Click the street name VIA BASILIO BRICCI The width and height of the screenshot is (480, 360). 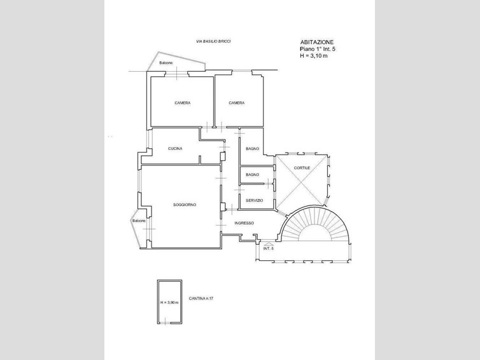click(213, 41)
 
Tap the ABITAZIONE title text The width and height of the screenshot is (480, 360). click(316, 41)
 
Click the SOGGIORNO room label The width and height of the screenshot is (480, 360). click(185, 205)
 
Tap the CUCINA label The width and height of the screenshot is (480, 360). click(175, 149)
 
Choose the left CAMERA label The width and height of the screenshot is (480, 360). click(183, 103)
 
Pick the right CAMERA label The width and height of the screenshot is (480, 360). click(237, 103)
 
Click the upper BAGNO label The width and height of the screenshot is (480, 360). click(252, 149)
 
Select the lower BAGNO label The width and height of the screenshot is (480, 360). click(252, 174)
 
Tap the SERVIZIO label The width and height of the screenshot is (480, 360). click(254, 200)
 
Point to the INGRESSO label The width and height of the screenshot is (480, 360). click(244, 223)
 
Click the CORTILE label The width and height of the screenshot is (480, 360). click(302, 168)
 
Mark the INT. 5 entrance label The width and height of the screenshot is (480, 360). click(268, 249)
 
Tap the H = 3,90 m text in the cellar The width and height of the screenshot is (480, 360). click(170, 303)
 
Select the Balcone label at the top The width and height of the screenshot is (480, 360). click(166, 63)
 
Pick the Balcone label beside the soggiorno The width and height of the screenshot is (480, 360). click(139, 221)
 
